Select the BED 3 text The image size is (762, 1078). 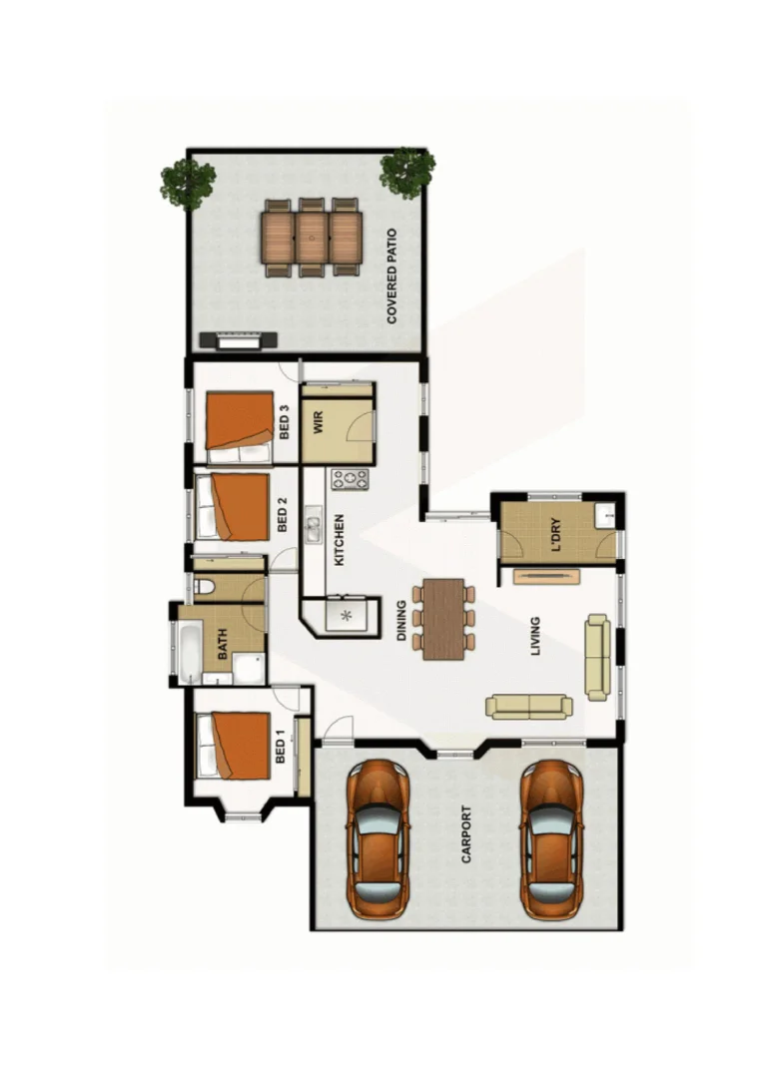pyautogui.click(x=284, y=422)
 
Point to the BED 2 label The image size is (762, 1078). pyautogui.click(x=283, y=514)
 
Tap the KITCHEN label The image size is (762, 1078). pyautogui.click(x=340, y=540)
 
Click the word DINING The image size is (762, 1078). pyautogui.click(x=401, y=620)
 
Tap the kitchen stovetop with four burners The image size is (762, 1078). pyautogui.click(x=351, y=479)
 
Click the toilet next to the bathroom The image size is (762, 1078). pyautogui.click(x=205, y=587)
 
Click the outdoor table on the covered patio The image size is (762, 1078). pyautogui.click(x=312, y=237)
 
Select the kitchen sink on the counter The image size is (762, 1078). pyautogui.click(x=313, y=525)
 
